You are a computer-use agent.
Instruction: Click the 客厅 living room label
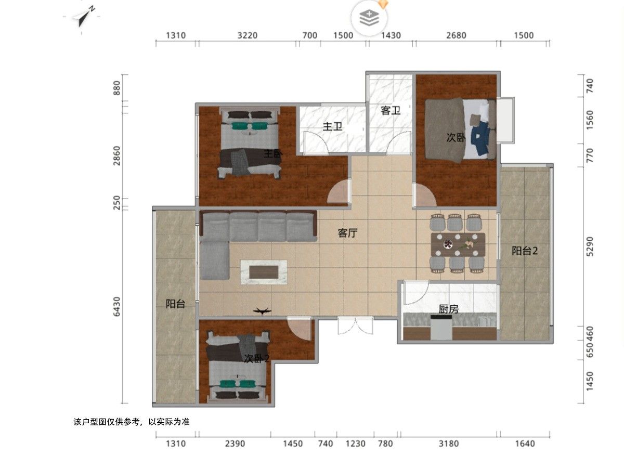(347, 233)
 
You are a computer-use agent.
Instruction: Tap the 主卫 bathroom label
(332, 126)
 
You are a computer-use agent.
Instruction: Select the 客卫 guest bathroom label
(391, 111)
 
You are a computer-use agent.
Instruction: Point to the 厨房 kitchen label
(448, 309)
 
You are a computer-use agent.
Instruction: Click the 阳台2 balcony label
(525, 251)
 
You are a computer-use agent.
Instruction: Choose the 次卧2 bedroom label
(256, 359)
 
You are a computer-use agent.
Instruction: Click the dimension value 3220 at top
(248, 35)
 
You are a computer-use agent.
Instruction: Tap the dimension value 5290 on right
(590, 246)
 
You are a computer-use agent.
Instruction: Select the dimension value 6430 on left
(116, 306)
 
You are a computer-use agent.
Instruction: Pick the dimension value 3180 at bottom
(449, 444)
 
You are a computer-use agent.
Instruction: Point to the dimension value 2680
(456, 35)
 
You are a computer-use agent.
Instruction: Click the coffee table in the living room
(264, 272)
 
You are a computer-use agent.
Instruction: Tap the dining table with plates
(458, 244)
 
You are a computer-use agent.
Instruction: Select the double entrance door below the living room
(355, 326)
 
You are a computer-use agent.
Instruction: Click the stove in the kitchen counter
(441, 328)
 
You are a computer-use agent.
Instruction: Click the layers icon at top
(369, 18)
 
